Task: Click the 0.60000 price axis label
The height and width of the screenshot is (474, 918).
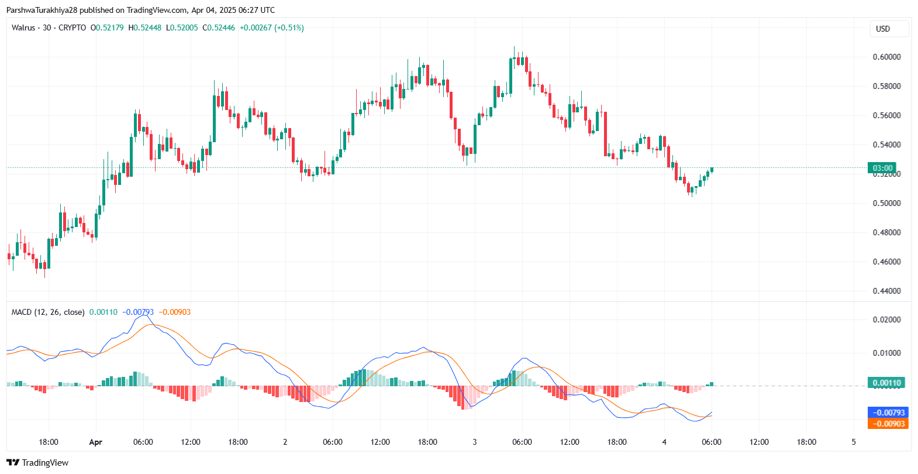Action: click(x=886, y=57)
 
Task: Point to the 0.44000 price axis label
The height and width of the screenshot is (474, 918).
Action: click(x=886, y=291)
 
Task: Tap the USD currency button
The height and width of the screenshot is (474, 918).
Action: click(x=883, y=29)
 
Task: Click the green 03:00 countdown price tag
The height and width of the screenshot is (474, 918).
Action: click(x=882, y=168)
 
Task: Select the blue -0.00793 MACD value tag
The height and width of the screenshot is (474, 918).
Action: click(x=888, y=413)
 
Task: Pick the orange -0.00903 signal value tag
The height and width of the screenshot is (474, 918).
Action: click(x=888, y=424)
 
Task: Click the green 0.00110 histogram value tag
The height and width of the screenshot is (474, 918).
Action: click(x=886, y=383)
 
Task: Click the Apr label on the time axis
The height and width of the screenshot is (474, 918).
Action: click(x=95, y=442)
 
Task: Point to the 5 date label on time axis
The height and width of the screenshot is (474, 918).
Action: click(x=854, y=442)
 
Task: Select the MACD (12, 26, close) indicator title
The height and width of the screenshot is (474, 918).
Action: click(x=48, y=312)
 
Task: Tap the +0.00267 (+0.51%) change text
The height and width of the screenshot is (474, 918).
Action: click(x=272, y=28)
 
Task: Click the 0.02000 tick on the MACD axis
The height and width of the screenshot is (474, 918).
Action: click(x=886, y=320)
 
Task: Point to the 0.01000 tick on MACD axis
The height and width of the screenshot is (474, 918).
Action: click(x=886, y=353)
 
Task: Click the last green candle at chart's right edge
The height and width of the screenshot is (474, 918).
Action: click(x=712, y=170)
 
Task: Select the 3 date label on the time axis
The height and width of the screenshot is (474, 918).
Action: click(x=474, y=442)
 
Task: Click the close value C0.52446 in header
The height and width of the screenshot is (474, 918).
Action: click(x=219, y=28)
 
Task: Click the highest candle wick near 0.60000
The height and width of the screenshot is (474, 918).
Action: click(x=514, y=50)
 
